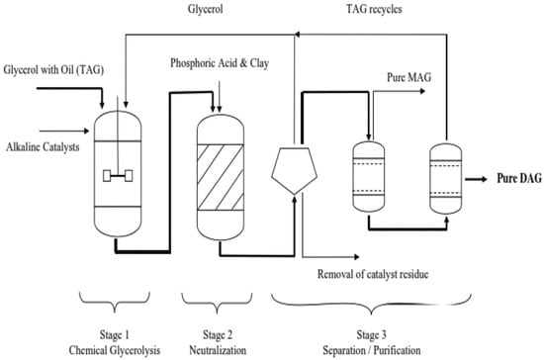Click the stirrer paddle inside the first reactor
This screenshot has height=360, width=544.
118,176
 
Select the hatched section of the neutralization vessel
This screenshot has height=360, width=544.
221,177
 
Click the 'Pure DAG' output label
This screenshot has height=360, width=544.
519,178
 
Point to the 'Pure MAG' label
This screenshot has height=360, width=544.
409,77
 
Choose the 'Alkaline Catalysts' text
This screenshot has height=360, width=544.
43,147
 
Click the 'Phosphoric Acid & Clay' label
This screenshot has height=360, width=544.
220,63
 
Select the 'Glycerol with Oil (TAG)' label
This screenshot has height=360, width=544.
53,70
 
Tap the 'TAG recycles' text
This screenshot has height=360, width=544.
374,9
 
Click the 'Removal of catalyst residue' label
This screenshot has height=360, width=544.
373,274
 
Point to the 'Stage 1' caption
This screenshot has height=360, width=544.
115,335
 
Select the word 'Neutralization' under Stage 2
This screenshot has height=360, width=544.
218,350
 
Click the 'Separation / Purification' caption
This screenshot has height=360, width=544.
372,350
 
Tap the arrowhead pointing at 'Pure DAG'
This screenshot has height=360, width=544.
484,179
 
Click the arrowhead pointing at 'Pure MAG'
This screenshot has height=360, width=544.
422,91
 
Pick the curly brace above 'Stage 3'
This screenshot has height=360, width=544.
371,305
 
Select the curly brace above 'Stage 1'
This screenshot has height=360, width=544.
115,303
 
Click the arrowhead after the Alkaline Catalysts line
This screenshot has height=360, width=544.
87,132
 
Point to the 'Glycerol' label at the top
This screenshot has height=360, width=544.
206,9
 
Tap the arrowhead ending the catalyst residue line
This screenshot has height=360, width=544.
356,257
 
